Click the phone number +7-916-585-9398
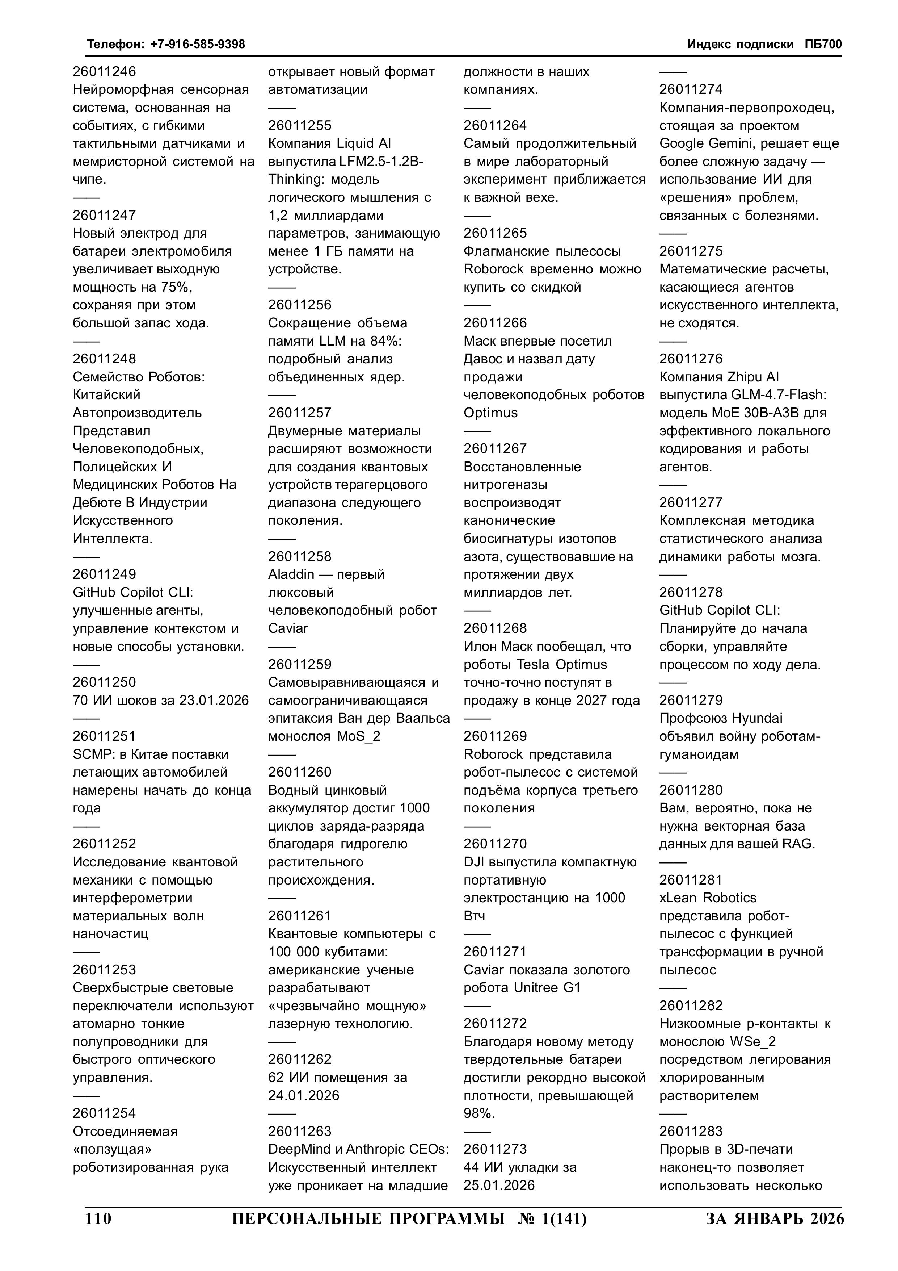[x=198, y=44]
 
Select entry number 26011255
[x=300, y=126]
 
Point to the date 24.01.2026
[x=304, y=1096]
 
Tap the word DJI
[x=474, y=862]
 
